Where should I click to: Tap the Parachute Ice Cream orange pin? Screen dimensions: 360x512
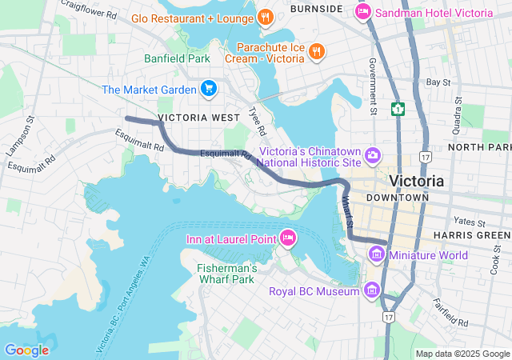[x=317, y=51]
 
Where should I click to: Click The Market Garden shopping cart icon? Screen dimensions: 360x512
[x=208, y=88]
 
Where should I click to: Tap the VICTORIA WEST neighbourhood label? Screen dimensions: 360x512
[x=199, y=118]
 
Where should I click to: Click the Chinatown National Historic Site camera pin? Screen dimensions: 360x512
[x=372, y=154]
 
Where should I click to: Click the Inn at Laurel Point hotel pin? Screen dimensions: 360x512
[x=288, y=238]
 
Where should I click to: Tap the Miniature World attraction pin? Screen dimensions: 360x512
[x=377, y=254]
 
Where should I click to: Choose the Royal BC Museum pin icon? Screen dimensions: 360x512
[x=371, y=290]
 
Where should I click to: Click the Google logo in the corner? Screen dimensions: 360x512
[x=26, y=350]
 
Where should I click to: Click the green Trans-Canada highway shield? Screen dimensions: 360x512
[x=397, y=108]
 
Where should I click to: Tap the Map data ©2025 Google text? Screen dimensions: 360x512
[x=462, y=354]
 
